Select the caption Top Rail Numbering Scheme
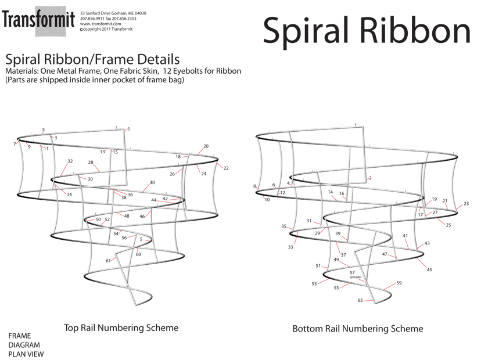tap(121, 327)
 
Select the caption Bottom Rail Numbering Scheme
tap(357, 329)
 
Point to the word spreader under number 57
tap(356, 278)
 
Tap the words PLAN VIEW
tap(26, 354)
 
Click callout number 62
tap(360, 300)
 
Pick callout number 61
tap(108, 261)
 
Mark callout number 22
tap(226, 168)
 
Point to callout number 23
tap(466, 204)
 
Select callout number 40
tap(152, 183)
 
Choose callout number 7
tap(15, 143)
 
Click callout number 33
tap(290, 247)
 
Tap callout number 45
tap(429, 269)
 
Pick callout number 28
tap(91, 163)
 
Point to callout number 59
tap(399, 283)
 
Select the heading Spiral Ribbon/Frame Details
tap(92, 59)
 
